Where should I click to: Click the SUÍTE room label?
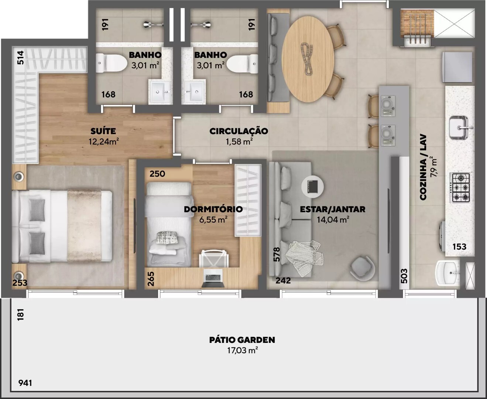[x=103, y=131]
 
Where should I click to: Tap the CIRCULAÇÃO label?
[x=239, y=131]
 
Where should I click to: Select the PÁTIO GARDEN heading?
[x=242, y=340]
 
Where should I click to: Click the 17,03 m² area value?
[x=243, y=351]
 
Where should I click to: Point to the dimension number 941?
[x=25, y=383]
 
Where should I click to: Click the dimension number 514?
[x=20, y=58]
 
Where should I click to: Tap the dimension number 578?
[x=277, y=255]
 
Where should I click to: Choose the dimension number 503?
[x=404, y=276]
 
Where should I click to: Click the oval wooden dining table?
[x=308, y=59]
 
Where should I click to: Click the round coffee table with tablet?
[x=312, y=186]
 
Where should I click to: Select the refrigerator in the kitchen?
[x=457, y=67]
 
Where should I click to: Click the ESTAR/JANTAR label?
[x=333, y=209]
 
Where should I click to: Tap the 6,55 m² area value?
[x=213, y=219]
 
